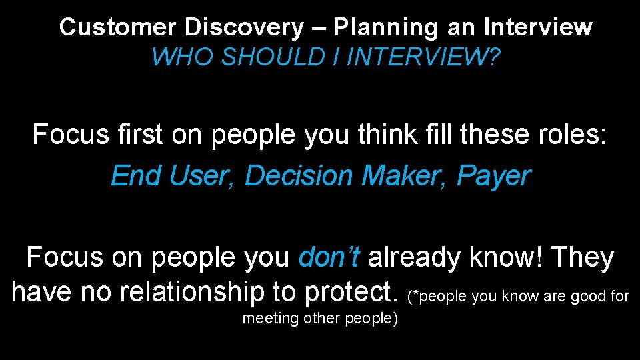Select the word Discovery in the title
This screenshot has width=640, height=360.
(x=244, y=27)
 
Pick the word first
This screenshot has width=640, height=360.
(x=139, y=135)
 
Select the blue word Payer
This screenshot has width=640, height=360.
(x=494, y=175)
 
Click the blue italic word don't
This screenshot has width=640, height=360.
(x=330, y=257)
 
